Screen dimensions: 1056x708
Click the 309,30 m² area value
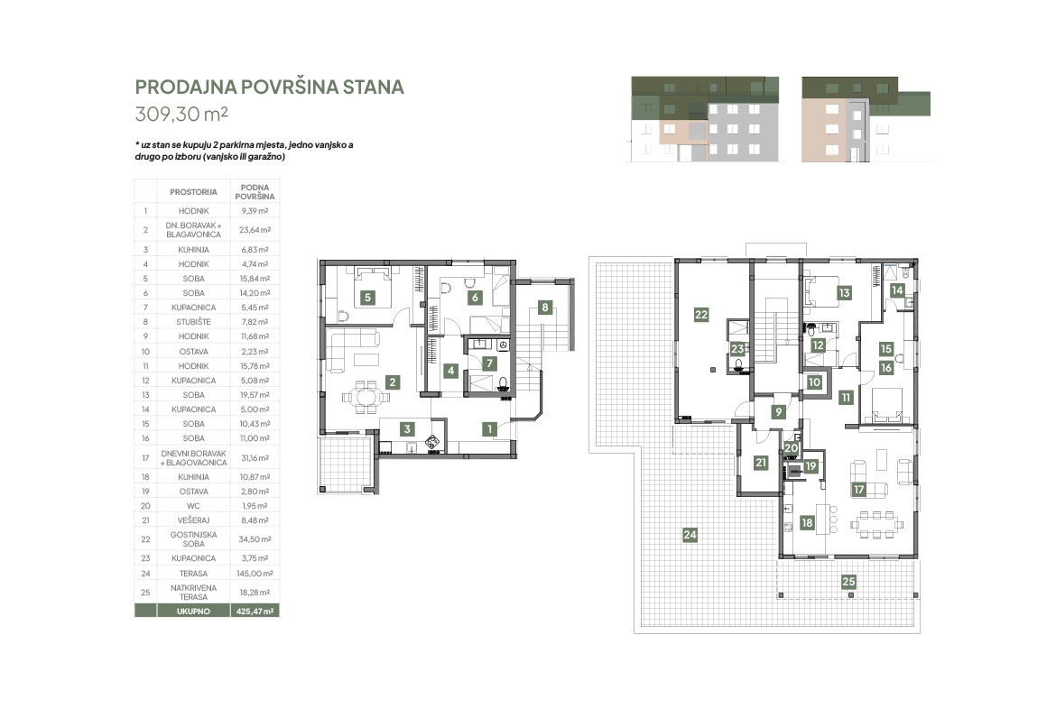click(x=181, y=114)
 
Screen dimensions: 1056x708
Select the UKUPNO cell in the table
click(x=193, y=611)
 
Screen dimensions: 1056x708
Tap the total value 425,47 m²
click(x=255, y=611)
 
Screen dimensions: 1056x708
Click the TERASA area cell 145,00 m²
click(x=255, y=574)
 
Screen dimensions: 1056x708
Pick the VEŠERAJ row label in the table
click(x=193, y=520)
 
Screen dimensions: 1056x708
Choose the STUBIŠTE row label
click(x=193, y=322)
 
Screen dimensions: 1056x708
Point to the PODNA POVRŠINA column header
click(x=255, y=192)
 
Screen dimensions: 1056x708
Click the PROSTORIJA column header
click(x=193, y=192)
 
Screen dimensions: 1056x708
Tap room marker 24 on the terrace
click(x=690, y=535)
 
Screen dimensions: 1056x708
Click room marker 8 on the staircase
click(x=545, y=308)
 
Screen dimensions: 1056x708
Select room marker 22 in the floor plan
click(x=701, y=314)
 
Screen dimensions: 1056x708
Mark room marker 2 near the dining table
click(x=393, y=382)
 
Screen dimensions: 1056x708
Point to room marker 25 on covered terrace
click(x=848, y=582)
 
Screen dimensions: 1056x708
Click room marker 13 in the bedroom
click(x=844, y=293)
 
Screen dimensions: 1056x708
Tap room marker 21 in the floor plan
click(x=761, y=463)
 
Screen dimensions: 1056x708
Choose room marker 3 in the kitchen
click(x=407, y=428)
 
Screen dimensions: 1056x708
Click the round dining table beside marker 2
click(x=366, y=397)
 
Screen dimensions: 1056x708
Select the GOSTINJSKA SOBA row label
click(x=193, y=539)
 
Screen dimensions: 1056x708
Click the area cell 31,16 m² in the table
click(x=255, y=457)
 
